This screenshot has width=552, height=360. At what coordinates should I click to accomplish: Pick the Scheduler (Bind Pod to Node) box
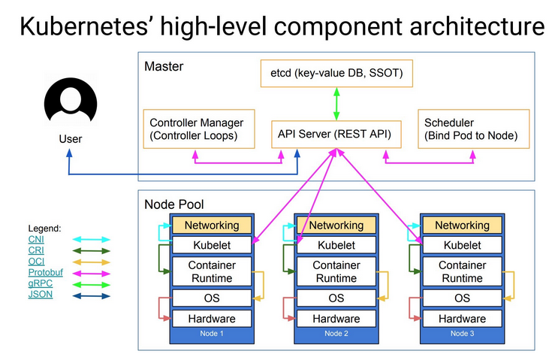tap(473, 129)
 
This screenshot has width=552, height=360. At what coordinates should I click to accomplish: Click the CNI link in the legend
tap(36, 239)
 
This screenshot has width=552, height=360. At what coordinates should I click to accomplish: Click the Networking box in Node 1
tap(212, 225)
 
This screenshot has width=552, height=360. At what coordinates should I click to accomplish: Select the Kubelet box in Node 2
tap(336, 245)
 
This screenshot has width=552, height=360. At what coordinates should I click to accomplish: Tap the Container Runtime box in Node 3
tap(462, 271)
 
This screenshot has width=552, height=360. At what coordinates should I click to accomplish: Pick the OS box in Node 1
tap(212, 298)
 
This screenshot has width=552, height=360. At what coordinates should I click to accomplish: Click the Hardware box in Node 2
tap(336, 319)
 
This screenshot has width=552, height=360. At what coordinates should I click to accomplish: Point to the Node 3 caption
tap(462, 333)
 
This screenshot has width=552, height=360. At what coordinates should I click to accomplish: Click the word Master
tap(163, 66)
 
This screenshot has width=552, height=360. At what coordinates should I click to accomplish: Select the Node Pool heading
tap(173, 204)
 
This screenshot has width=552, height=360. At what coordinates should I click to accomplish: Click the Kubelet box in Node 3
tap(462, 245)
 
